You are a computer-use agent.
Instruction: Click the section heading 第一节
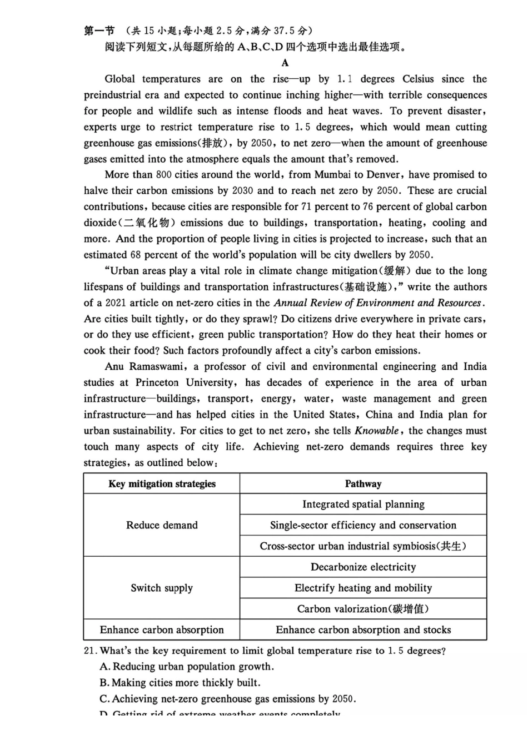tap(99, 31)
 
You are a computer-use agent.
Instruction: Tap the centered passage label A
tap(285, 63)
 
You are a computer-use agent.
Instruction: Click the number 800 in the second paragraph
tap(163, 175)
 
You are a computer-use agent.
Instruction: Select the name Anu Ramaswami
tap(146, 367)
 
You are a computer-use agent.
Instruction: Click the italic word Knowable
tap(376, 431)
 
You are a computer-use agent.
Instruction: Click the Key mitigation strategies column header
tap(162, 484)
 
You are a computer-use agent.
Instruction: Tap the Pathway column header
tap(363, 484)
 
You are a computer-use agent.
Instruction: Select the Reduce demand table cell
tap(162, 525)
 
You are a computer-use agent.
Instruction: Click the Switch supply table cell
tap(162, 588)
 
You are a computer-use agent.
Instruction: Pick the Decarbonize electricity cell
tap(363, 567)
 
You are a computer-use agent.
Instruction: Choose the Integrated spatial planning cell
tap(363, 505)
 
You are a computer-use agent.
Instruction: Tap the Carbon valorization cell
tap(363, 609)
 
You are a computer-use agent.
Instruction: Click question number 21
tap(91, 651)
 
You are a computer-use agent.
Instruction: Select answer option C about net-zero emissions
tap(228, 699)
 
